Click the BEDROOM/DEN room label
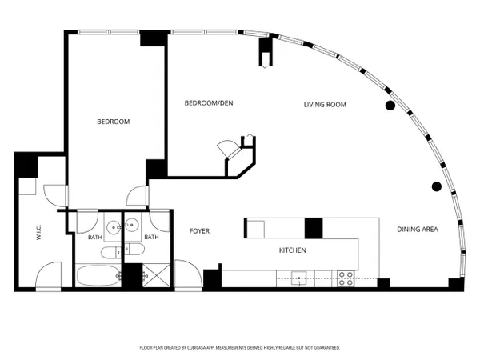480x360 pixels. point(209,103)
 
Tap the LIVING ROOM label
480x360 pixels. point(325,105)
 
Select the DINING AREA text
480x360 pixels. point(418,230)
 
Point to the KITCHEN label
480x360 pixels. point(292,250)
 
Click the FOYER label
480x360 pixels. point(199,231)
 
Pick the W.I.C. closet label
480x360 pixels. point(39,232)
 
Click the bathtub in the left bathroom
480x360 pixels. point(98,275)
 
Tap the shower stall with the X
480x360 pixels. point(156,275)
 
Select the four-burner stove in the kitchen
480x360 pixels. point(346,278)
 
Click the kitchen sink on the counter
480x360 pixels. point(298,278)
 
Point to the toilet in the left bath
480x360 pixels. point(111,253)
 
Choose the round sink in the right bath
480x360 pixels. point(132,225)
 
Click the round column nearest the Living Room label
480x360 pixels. point(390,106)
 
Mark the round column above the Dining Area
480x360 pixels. point(437,186)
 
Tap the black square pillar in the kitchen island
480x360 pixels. point(314,228)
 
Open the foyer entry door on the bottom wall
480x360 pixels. point(188,274)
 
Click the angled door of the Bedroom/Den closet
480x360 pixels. point(229,149)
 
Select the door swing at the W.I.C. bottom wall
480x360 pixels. point(48,275)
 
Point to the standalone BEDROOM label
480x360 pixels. point(114,122)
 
